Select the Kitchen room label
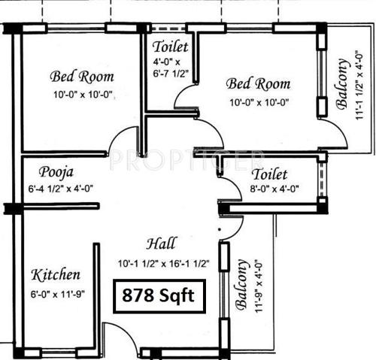(56, 274)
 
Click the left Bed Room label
(82, 76)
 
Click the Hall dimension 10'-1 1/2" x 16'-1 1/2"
(163, 263)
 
